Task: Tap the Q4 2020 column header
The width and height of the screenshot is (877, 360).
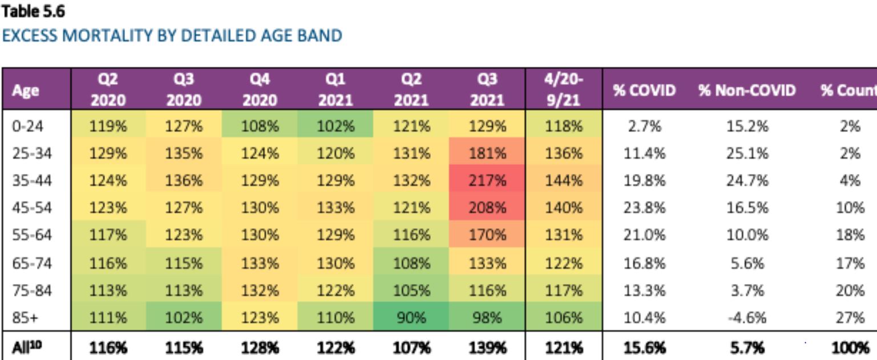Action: pos(260,90)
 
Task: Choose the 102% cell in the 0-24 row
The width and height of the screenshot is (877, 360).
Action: pos(336,127)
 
